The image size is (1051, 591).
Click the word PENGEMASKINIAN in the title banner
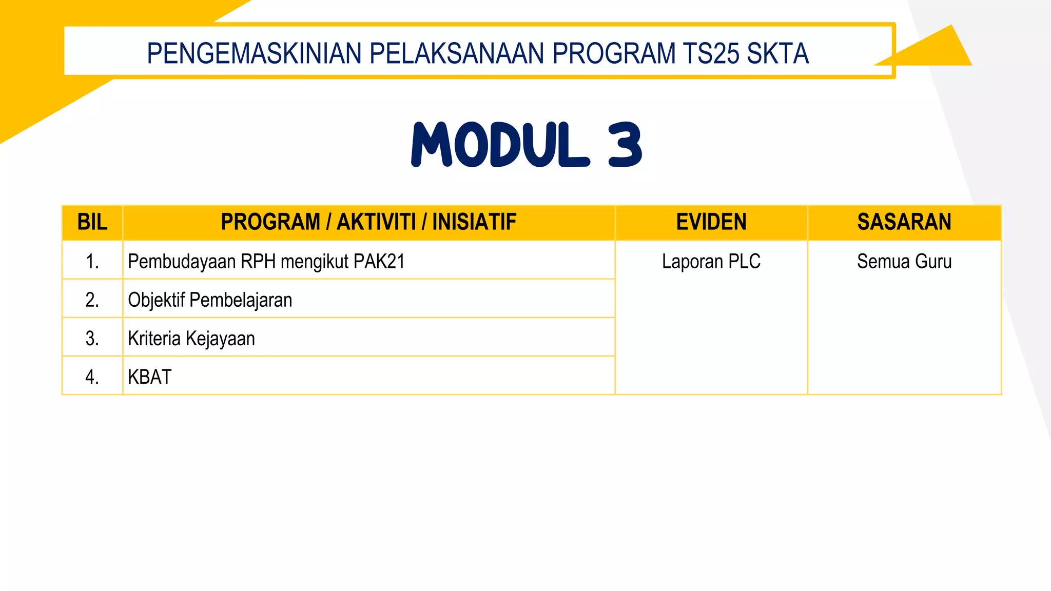(x=255, y=53)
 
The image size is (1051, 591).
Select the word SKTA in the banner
(x=777, y=53)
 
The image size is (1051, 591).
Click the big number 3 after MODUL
(x=625, y=145)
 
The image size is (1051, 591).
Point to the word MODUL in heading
(x=500, y=145)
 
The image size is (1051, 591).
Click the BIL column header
(x=92, y=222)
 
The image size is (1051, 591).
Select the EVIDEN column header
(x=711, y=222)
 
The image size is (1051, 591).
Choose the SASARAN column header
(x=904, y=222)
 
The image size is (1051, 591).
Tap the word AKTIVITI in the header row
(x=376, y=222)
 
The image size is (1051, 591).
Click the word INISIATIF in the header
(x=474, y=222)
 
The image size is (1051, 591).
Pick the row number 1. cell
(x=92, y=262)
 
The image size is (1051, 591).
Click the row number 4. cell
(x=92, y=377)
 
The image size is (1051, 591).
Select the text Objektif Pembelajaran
(x=210, y=300)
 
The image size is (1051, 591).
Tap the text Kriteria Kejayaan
(x=191, y=339)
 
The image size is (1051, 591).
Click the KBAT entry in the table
(x=149, y=377)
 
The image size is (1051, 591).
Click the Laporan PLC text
(x=711, y=262)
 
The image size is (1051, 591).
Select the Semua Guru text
(x=904, y=262)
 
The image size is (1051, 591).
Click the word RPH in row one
(x=258, y=262)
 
